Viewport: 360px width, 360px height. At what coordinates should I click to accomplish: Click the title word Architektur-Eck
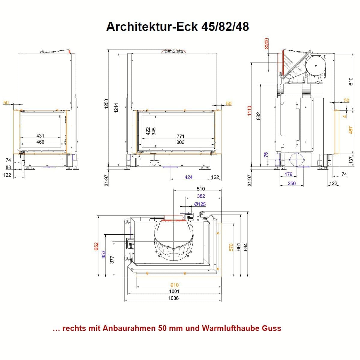click(x=152, y=27)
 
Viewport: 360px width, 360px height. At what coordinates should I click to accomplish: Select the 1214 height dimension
click(x=116, y=108)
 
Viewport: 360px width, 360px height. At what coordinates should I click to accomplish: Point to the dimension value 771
click(x=181, y=136)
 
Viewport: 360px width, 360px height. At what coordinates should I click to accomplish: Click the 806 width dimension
click(x=180, y=142)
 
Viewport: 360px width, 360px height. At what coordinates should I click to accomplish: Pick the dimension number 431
click(x=40, y=136)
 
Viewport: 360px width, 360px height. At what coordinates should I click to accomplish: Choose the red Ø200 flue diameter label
click(x=267, y=43)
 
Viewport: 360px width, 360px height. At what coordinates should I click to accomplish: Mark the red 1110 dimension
click(x=250, y=111)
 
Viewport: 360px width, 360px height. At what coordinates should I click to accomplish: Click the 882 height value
click(x=259, y=116)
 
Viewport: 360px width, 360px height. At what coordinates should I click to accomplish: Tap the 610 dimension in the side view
click(x=351, y=82)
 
